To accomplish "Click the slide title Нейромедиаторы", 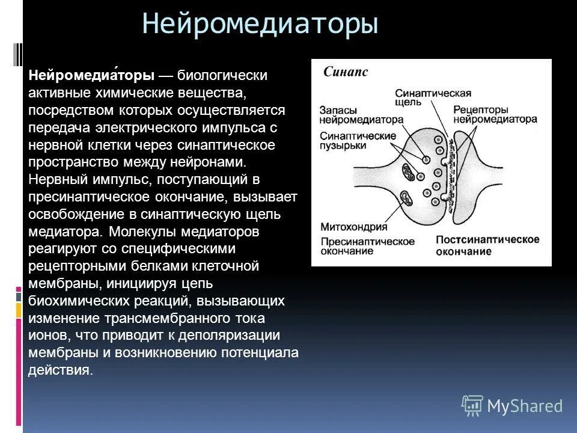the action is [260, 26].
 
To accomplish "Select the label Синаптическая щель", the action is [432, 97].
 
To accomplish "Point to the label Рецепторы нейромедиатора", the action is [495, 114].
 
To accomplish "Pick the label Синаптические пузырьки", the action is [358, 141].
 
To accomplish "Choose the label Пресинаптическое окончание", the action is [367, 245].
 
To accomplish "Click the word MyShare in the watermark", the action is [525, 406].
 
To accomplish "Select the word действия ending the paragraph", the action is [60, 370].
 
